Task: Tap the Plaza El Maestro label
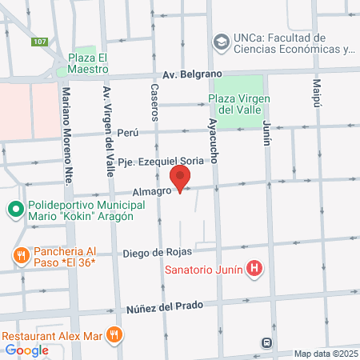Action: point(87,62)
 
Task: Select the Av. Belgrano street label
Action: point(191,74)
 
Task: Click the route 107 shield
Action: point(39,41)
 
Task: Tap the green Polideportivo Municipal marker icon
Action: point(14,211)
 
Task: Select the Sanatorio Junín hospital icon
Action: point(254,269)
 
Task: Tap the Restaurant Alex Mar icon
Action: point(115,334)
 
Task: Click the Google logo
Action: point(26,350)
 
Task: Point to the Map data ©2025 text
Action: point(325,354)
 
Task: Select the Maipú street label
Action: point(316,94)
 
